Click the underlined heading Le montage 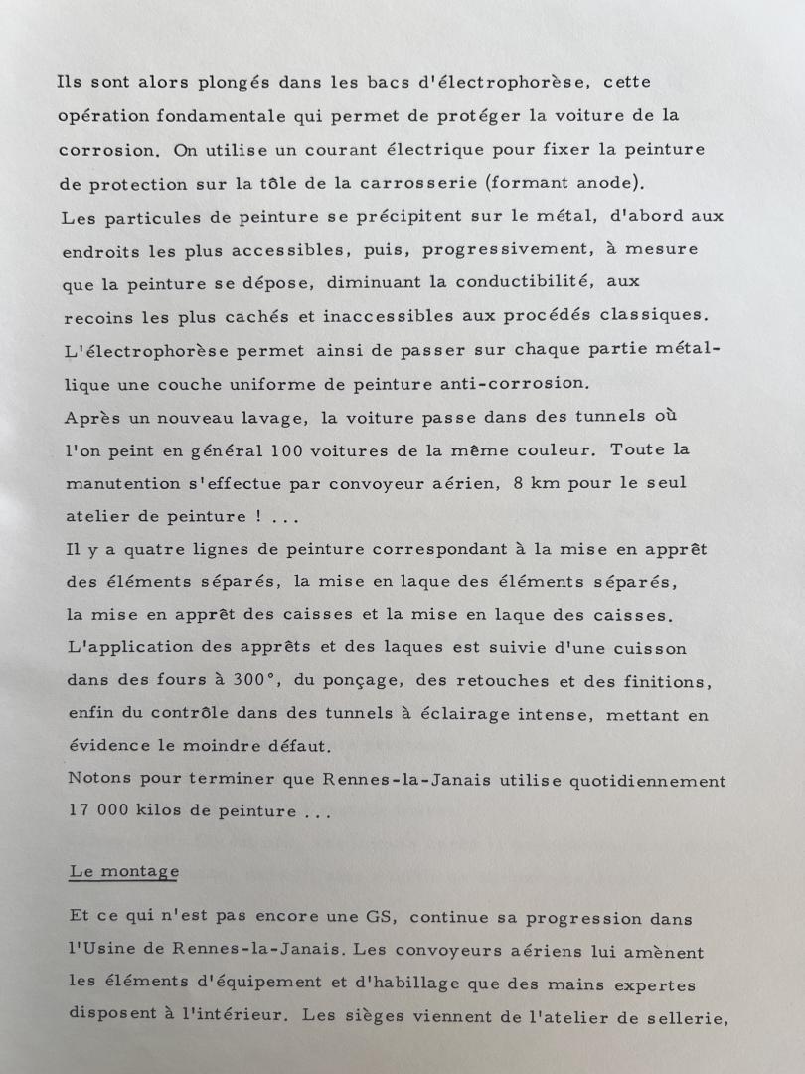(124, 872)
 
